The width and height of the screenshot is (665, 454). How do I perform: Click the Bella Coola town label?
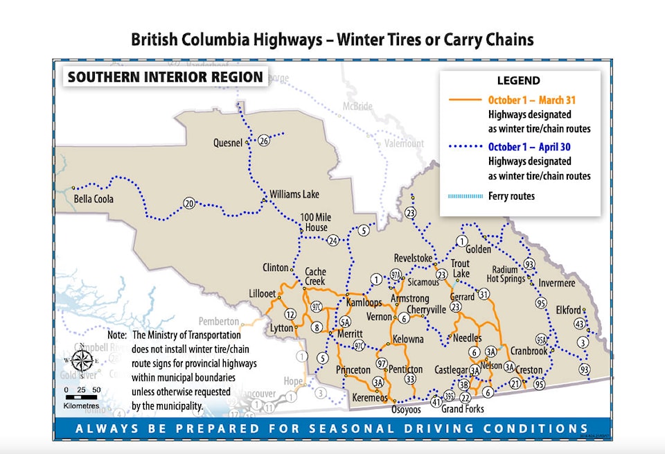click(x=94, y=199)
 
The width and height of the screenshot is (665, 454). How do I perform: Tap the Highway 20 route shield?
click(x=189, y=203)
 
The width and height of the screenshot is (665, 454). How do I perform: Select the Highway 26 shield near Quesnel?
click(x=264, y=141)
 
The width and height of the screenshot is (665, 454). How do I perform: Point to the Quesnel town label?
click(x=228, y=143)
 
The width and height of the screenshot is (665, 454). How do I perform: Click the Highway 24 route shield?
click(x=333, y=241)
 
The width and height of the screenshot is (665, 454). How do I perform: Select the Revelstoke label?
click(x=413, y=259)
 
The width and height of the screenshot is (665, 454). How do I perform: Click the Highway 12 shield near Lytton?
click(x=290, y=315)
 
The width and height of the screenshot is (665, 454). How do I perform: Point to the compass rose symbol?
click(x=82, y=360)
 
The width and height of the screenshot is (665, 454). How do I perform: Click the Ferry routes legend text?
click(x=511, y=196)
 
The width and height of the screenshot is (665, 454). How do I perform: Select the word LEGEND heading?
click(x=518, y=81)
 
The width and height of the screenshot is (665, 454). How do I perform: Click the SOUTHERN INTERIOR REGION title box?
click(x=165, y=77)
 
